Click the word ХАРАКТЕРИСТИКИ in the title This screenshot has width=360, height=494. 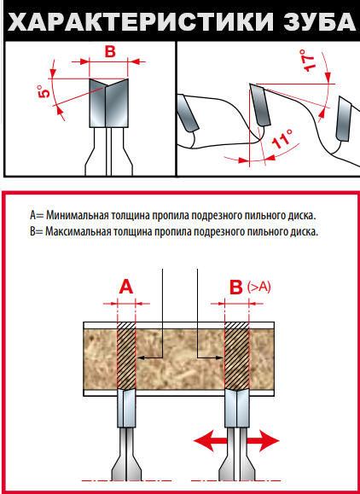click(x=140, y=22)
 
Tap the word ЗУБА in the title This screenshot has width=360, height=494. click(x=320, y=22)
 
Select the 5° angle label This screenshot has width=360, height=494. click(x=44, y=91)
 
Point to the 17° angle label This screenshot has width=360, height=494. click(x=307, y=61)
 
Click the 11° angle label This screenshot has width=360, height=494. click(x=282, y=138)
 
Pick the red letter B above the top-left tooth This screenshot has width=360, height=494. click(x=110, y=52)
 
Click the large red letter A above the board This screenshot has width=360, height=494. click(x=126, y=287)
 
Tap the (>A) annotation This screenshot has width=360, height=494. click(x=258, y=287)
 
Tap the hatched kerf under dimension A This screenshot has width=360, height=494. click(x=126, y=356)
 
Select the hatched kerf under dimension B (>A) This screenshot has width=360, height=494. click(x=237, y=356)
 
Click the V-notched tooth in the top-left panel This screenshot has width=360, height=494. click(x=108, y=103)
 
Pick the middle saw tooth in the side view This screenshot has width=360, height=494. click(x=260, y=105)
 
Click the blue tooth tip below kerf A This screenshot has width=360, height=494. click(x=126, y=409)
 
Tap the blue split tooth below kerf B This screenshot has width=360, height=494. click(x=237, y=409)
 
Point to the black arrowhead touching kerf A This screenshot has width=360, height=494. click(x=142, y=357)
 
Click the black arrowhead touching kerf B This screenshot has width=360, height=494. click(x=219, y=357)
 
